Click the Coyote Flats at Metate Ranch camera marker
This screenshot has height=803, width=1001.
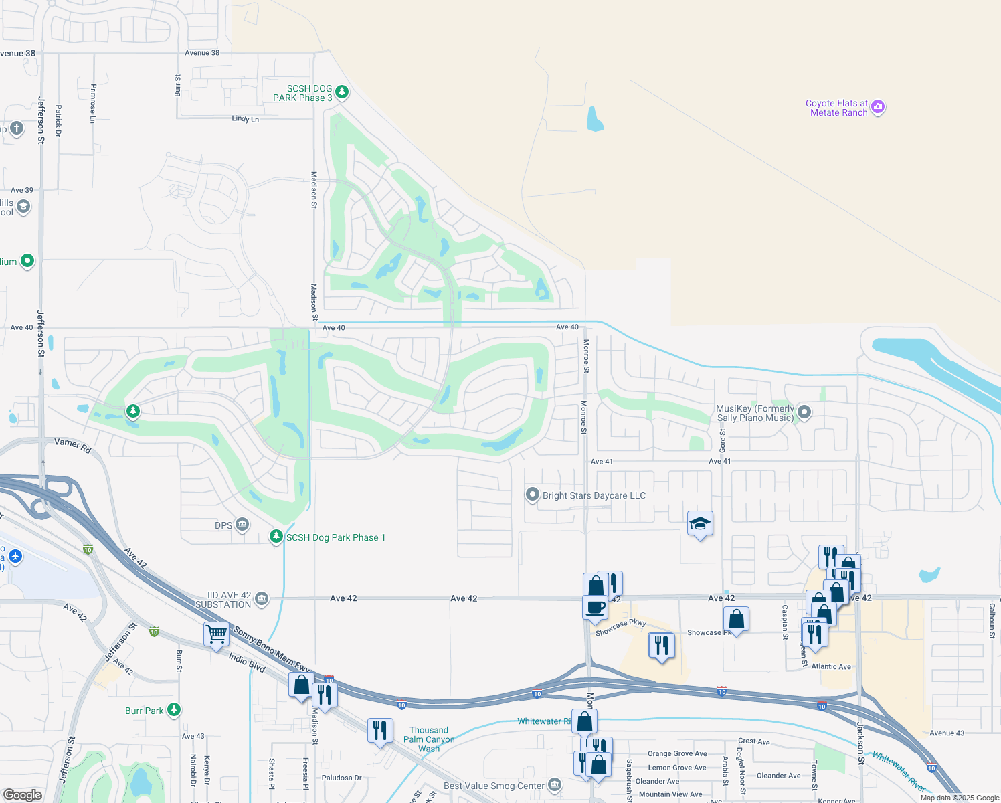point(878,107)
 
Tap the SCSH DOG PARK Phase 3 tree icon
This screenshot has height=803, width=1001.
point(342,92)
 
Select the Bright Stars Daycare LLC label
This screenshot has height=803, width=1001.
point(594,496)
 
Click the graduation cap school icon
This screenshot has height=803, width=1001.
point(700,524)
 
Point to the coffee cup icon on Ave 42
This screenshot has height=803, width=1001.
point(595,608)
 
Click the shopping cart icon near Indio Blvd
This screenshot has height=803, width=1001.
point(216,634)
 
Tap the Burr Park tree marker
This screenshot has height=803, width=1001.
point(174,710)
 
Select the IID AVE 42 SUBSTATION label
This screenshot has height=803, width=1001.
point(223,600)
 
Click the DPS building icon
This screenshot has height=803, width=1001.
point(242,525)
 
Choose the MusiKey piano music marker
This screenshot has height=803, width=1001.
point(804,413)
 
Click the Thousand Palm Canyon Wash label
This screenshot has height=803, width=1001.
point(429,739)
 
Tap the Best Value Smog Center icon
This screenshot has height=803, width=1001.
point(555,785)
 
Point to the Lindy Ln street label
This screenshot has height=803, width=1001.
point(245,119)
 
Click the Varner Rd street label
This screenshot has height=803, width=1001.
point(72,446)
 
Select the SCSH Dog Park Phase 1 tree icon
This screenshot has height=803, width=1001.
point(276,537)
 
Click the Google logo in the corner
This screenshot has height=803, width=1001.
point(23,795)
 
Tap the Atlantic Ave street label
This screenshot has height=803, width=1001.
point(831,666)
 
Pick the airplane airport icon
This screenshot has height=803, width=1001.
point(15,557)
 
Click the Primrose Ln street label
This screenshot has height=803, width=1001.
point(93,103)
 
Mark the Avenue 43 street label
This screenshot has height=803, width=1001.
point(947,733)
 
